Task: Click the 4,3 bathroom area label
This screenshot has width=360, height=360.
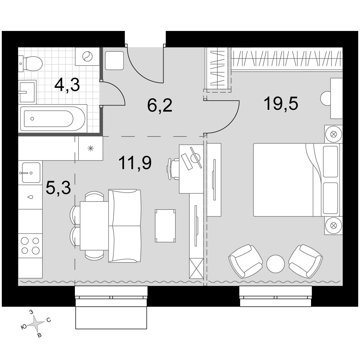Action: [67, 85]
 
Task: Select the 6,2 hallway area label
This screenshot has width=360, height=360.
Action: [159, 105]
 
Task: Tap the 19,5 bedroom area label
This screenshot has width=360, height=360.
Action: [281, 104]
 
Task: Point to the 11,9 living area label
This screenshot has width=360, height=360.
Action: [135, 163]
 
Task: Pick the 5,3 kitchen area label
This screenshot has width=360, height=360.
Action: [58, 188]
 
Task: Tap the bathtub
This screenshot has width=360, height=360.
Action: [53, 118]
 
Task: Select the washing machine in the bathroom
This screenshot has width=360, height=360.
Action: [87, 57]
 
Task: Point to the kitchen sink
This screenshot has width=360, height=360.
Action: [31, 173]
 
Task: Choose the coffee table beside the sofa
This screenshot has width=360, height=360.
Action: [165, 226]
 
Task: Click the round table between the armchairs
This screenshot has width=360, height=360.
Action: [275, 264]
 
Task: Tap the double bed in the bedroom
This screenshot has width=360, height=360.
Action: [296, 180]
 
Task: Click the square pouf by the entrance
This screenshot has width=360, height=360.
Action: [114, 60]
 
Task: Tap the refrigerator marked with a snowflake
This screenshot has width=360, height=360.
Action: [91, 148]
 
